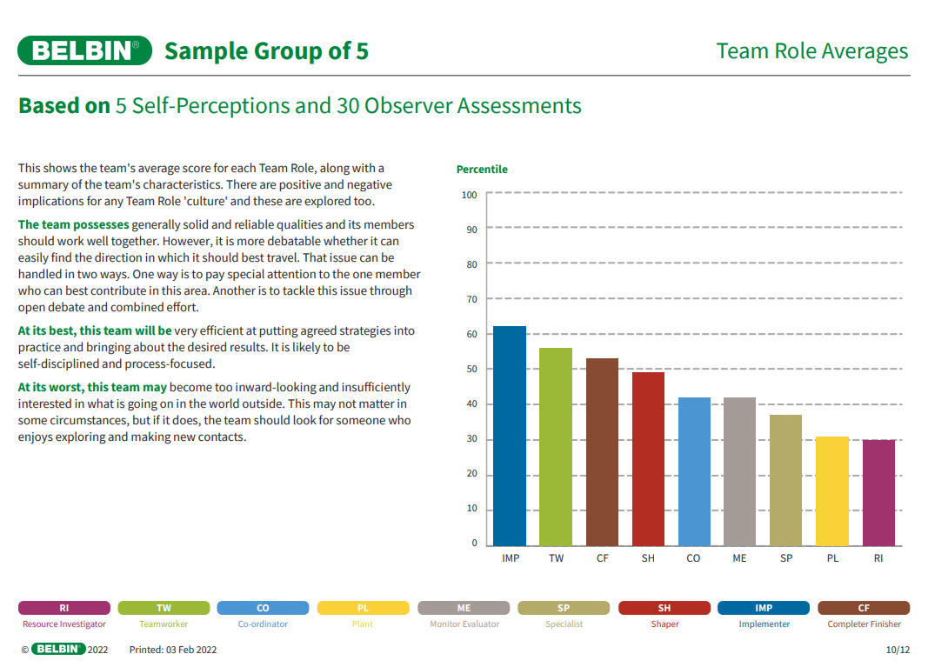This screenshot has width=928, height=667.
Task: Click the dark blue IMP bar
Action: (510, 436)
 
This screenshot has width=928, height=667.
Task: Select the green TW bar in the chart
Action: (556, 446)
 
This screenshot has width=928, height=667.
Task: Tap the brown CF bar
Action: (602, 451)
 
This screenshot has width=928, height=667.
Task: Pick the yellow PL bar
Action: (832, 490)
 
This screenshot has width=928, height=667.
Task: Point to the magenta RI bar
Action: (878, 492)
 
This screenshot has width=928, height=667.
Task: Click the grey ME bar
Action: (739, 471)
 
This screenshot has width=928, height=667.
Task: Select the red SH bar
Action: (648, 458)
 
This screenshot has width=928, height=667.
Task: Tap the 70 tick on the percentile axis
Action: (472, 299)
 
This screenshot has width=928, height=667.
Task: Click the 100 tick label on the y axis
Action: (470, 195)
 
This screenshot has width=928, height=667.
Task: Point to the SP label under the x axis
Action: (786, 558)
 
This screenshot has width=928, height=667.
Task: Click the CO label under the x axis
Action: (693, 558)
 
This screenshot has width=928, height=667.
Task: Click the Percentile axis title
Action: (482, 170)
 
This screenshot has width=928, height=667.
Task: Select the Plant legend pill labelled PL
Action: (363, 608)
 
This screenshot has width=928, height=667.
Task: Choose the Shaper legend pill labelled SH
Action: (664, 608)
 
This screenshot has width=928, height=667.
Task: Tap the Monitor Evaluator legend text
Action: (464, 624)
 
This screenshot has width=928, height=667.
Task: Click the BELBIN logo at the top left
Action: (84, 51)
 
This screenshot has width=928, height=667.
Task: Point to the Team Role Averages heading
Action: (812, 51)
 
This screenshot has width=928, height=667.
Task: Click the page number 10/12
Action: (898, 650)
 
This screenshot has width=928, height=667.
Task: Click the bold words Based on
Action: (64, 106)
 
